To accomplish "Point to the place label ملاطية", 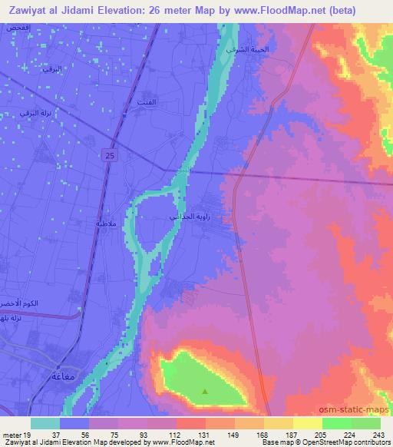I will coord(104,223).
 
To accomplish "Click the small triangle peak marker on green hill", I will coord(204,391).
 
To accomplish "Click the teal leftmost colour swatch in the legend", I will coord(45,423).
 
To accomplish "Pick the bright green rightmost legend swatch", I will coord(365,423).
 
